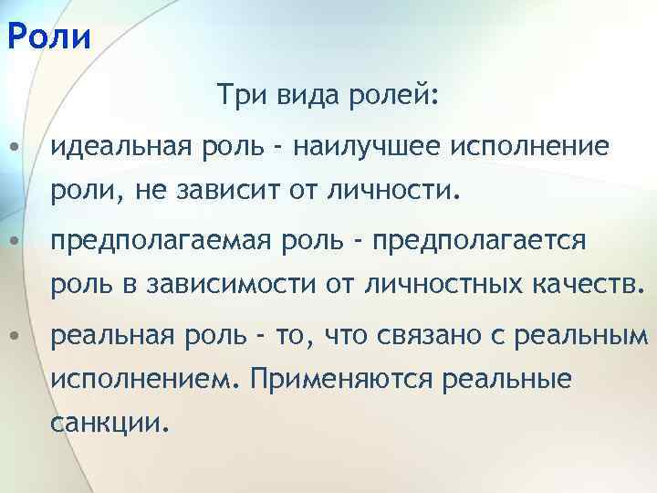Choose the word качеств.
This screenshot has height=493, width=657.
[588, 288]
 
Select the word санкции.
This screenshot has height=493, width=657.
[110, 423]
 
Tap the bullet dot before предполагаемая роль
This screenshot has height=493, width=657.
[11, 242]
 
